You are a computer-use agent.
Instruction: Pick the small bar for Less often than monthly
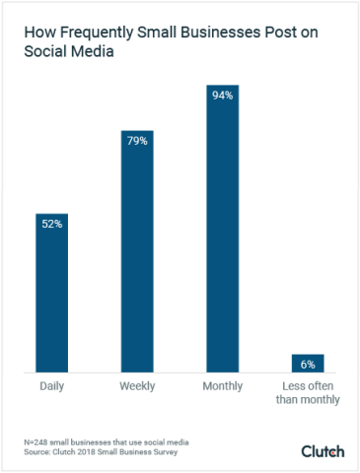(308, 364)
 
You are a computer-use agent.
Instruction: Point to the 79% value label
(137, 141)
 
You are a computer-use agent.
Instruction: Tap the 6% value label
(308, 364)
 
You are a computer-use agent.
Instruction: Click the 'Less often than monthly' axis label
(308, 392)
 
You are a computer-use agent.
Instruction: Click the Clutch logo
(323, 451)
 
